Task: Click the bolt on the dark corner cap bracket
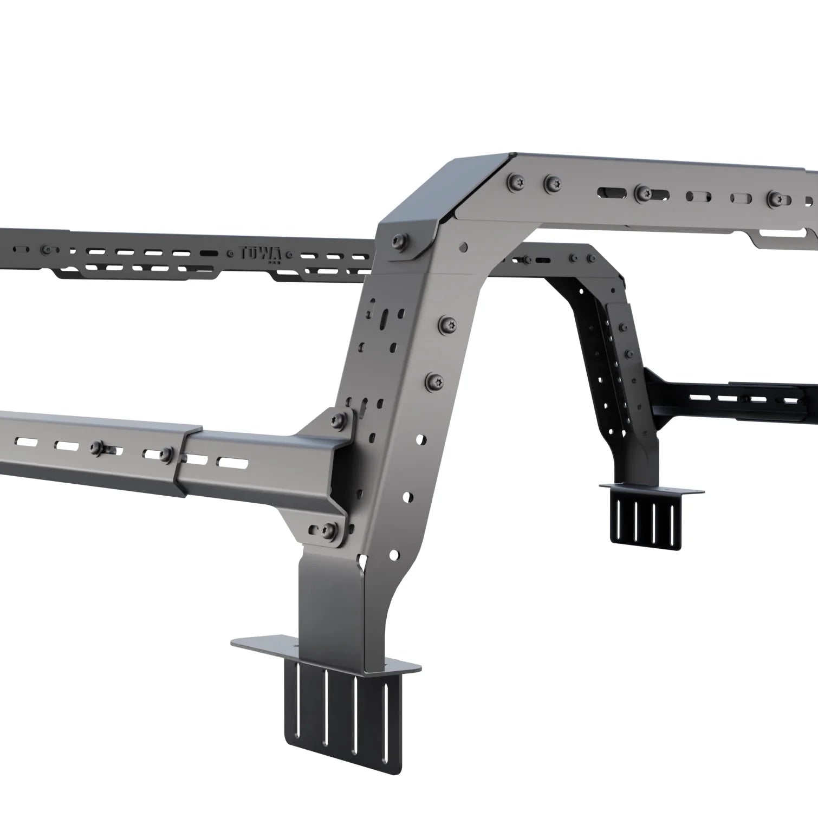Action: click(x=400, y=239)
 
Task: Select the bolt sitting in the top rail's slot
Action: click(x=643, y=191)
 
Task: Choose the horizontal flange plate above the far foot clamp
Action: click(x=650, y=489)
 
